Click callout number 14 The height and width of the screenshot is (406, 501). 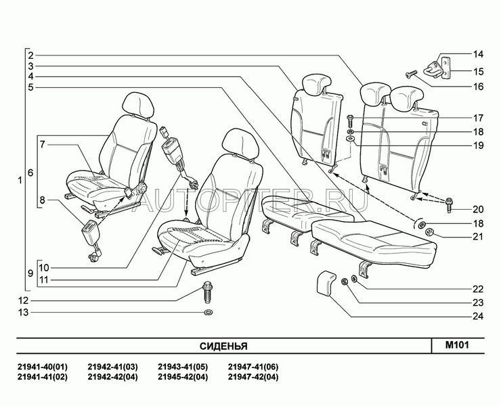[478, 54]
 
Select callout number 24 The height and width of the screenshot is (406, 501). [478, 316]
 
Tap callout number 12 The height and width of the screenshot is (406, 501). [23, 300]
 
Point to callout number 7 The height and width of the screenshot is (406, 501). [42, 144]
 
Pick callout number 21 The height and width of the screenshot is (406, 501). [478, 237]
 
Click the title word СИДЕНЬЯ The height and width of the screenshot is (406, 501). [223, 346]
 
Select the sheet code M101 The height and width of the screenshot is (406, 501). [457, 345]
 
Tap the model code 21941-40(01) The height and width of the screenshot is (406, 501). [42, 366]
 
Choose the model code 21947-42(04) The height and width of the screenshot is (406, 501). [253, 377]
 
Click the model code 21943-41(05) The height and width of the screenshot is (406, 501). [183, 366]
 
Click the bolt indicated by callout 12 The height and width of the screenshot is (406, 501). [208, 292]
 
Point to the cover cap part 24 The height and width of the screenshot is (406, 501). [326, 282]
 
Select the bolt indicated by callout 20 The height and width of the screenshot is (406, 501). [449, 205]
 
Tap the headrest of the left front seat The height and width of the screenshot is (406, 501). [139, 106]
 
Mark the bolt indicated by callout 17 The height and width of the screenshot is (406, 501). [350, 121]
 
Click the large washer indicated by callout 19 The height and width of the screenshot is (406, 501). [351, 139]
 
